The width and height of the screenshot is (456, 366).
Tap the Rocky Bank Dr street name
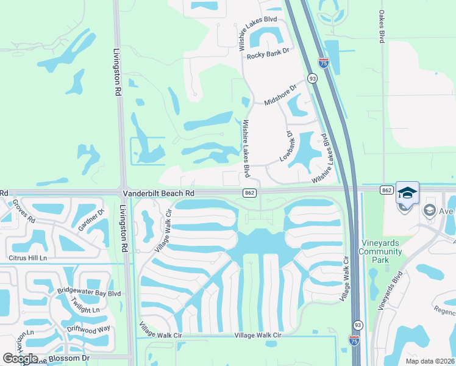[267, 56]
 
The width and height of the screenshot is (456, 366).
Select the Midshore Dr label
[280, 95]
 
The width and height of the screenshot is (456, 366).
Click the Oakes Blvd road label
[382, 26]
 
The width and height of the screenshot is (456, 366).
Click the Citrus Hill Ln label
[27, 258]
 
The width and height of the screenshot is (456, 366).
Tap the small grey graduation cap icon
[430, 210]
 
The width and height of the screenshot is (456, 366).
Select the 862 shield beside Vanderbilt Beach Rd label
[248, 193]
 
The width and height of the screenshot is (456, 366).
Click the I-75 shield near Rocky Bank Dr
[323, 62]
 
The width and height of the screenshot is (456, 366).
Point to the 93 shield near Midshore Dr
[312, 78]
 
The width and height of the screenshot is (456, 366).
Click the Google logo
[20, 359]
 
